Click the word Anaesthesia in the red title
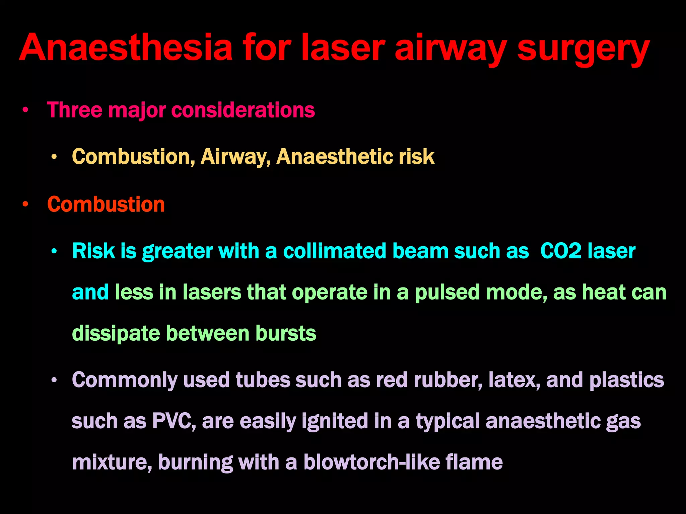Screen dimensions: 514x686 (126, 48)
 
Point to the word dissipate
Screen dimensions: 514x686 (116, 334)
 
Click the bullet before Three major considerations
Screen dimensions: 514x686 (25, 110)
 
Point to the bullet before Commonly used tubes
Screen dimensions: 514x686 (54, 380)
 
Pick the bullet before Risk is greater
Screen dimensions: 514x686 (54, 251)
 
